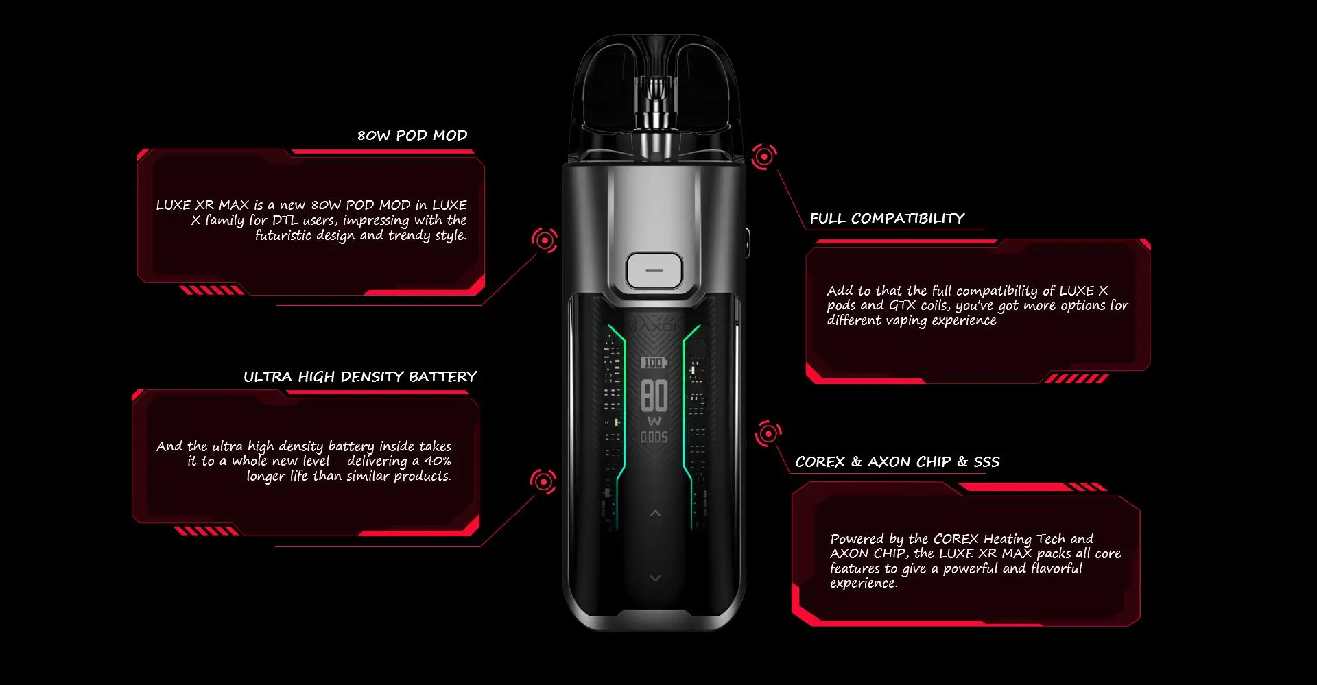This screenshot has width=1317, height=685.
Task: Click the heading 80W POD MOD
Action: pyautogui.click(x=412, y=135)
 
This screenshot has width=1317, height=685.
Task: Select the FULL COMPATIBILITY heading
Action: pyautogui.click(x=887, y=218)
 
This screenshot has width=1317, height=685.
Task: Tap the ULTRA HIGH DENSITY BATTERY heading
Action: pyautogui.click(x=360, y=376)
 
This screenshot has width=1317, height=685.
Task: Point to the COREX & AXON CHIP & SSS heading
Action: pyautogui.click(x=897, y=461)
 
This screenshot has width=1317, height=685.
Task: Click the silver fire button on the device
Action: pyautogui.click(x=654, y=270)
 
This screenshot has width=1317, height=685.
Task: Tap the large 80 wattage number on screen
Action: pyautogui.click(x=654, y=396)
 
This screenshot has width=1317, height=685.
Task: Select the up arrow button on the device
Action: pyautogui.click(x=655, y=513)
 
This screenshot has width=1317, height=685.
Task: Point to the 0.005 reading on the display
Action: pyautogui.click(x=654, y=437)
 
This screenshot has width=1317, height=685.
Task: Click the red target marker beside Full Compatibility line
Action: pyautogui.click(x=763, y=157)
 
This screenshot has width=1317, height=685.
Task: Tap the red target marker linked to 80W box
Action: pyautogui.click(x=545, y=240)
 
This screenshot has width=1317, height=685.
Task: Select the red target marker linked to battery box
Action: pyautogui.click(x=543, y=481)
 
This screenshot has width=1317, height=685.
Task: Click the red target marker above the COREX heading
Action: pyautogui.click(x=768, y=433)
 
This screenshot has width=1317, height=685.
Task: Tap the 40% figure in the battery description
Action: pyautogui.click(x=438, y=461)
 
